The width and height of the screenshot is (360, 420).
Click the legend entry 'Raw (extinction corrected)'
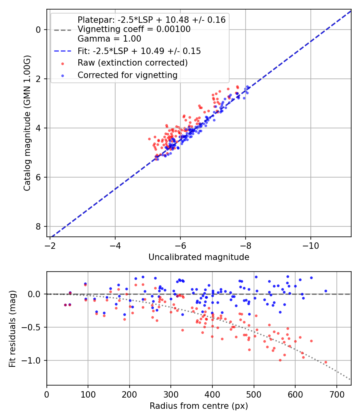click(x=132, y=63)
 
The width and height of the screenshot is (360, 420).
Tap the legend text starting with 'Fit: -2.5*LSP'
click(x=139, y=51)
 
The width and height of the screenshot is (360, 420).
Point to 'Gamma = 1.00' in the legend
click(x=109, y=39)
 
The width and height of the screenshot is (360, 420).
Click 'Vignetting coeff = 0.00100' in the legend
click(x=134, y=29)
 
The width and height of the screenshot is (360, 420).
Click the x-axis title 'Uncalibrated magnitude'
click(x=199, y=257)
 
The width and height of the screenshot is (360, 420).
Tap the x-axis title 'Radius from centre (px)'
click(x=199, y=406)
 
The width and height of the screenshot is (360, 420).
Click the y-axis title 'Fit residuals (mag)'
click(x=12, y=329)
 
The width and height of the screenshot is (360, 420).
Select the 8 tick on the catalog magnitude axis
click(x=38, y=226)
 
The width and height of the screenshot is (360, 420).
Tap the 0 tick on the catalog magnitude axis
click(x=38, y=30)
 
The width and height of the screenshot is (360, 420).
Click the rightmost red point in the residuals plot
click(x=326, y=362)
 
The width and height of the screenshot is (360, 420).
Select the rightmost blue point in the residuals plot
click(x=326, y=291)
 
